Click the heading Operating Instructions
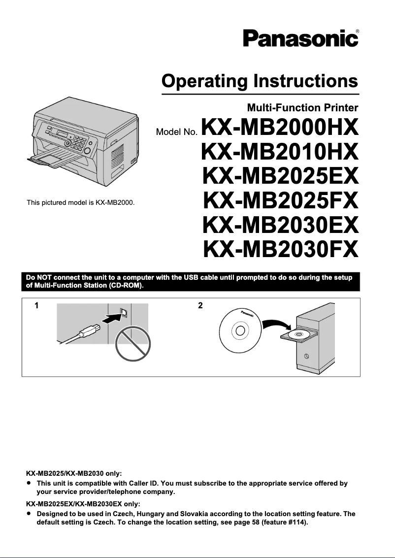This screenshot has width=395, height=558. coord(260,80)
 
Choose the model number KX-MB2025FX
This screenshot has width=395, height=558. coord(280,200)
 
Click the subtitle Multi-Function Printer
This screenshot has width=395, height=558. coord(302,107)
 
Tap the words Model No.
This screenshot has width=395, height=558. coord(176,132)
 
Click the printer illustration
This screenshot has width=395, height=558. coord(82,142)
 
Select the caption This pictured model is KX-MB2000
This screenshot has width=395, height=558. coord(81,202)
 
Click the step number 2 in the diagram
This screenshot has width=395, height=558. coord(200,306)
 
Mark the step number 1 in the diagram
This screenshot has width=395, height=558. coord(36,306)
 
